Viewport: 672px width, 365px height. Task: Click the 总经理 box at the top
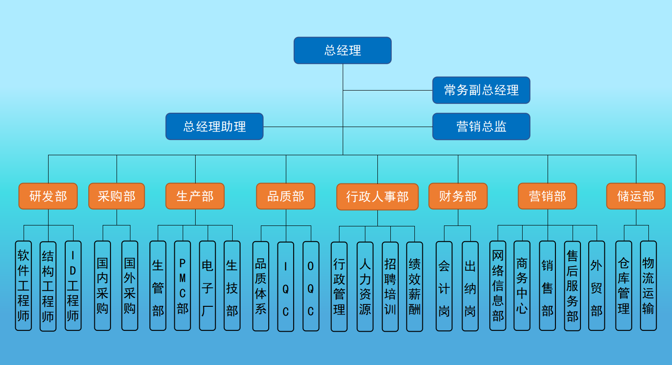pyautogui.click(x=342, y=50)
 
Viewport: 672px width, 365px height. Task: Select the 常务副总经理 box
pyautogui.click(x=481, y=90)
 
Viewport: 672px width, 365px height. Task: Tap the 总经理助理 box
pyautogui.click(x=215, y=126)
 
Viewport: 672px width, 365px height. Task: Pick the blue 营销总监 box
pyautogui.click(x=481, y=126)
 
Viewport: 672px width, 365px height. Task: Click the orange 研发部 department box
pyautogui.click(x=48, y=196)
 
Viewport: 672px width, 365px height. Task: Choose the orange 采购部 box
pyautogui.click(x=117, y=196)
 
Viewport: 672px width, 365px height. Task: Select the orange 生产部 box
pyautogui.click(x=195, y=196)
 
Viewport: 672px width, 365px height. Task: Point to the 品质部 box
pyautogui.click(x=285, y=196)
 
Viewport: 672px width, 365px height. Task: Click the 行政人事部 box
pyautogui.click(x=377, y=197)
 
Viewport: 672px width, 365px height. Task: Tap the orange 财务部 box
pyautogui.click(x=458, y=196)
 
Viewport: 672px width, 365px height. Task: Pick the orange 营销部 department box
pyautogui.click(x=548, y=196)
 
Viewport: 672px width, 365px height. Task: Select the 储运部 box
pyautogui.click(x=635, y=196)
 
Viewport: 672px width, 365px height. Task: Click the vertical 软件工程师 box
pyautogui.click(x=23, y=286)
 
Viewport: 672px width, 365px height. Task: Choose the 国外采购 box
pyautogui.click(x=129, y=286)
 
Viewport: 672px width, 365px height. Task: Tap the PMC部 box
pyautogui.click(x=182, y=286)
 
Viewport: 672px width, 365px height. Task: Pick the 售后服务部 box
pyautogui.click(x=572, y=286)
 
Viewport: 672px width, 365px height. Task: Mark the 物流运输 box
pyautogui.click(x=648, y=286)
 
